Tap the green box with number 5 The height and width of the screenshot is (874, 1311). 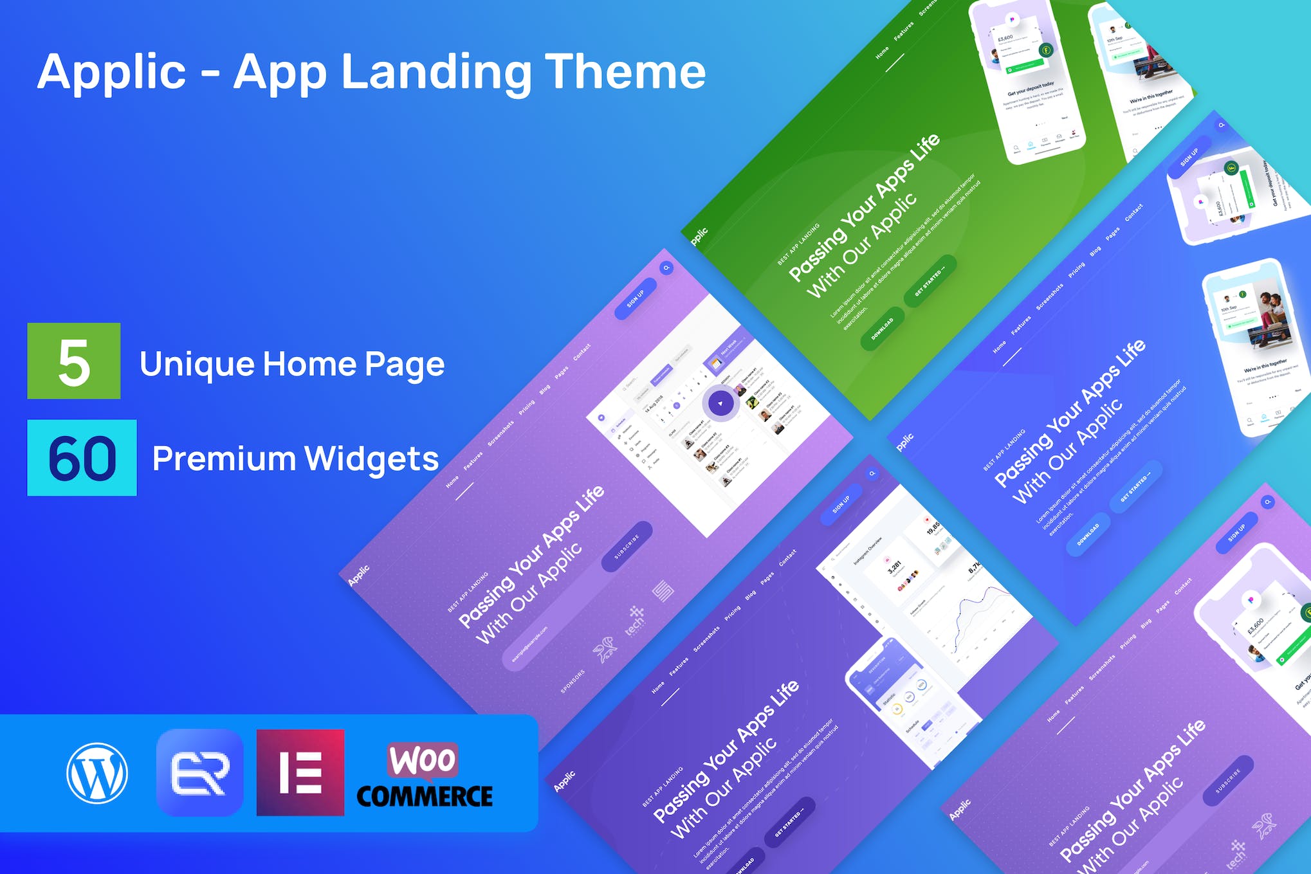(73, 361)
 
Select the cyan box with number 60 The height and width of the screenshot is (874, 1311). (82, 458)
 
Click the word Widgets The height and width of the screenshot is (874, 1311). (371, 459)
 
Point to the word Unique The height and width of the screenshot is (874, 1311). (197, 364)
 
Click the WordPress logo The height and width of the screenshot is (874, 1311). (97, 773)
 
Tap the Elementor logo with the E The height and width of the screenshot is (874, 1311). (300, 772)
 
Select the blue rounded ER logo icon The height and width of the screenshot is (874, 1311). (200, 772)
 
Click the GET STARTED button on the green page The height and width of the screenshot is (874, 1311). (930, 280)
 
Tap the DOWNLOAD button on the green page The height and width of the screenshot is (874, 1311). (883, 329)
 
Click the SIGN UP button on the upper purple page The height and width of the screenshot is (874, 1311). (636, 298)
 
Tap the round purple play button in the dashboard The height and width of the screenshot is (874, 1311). (720, 404)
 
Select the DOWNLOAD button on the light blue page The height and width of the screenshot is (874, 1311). (1088, 534)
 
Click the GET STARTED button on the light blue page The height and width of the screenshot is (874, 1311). (1136, 486)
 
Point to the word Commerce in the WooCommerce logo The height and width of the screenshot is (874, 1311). (425, 796)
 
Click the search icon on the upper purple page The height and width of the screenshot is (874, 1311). (666, 268)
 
